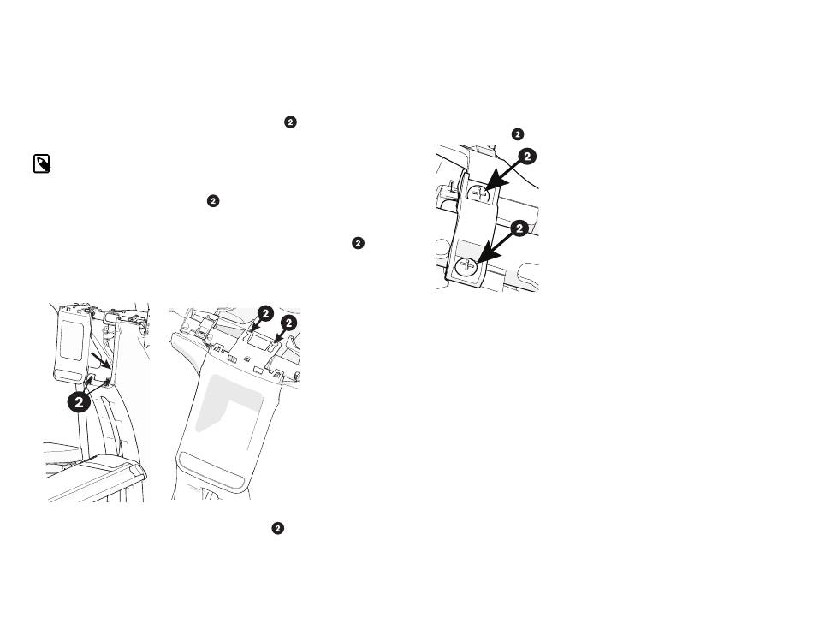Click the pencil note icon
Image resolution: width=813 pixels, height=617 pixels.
tap(42, 163)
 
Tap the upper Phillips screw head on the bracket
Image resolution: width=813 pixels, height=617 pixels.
tap(479, 194)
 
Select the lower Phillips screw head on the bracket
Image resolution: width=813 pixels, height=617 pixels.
tap(467, 267)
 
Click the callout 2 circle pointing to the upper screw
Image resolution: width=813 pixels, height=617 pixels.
tap(527, 157)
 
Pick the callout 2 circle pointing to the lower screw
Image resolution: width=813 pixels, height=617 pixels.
tap(519, 228)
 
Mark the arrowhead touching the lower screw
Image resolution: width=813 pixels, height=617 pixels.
tap(484, 256)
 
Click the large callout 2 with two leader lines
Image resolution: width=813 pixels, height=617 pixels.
tap(79, 402)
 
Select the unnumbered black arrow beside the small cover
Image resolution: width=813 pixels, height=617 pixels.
tap(100, 359)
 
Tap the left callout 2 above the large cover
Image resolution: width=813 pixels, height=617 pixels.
tap(265, 314)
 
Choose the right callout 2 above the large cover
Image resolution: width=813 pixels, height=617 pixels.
tap(288, 323)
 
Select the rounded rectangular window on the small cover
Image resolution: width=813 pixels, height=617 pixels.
tap(72, 340)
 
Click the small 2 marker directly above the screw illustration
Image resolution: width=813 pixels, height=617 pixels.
tap(518, 134)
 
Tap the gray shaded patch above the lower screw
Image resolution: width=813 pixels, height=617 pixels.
tap(469, 248)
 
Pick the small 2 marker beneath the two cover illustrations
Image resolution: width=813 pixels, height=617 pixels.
tap(278, 528)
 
